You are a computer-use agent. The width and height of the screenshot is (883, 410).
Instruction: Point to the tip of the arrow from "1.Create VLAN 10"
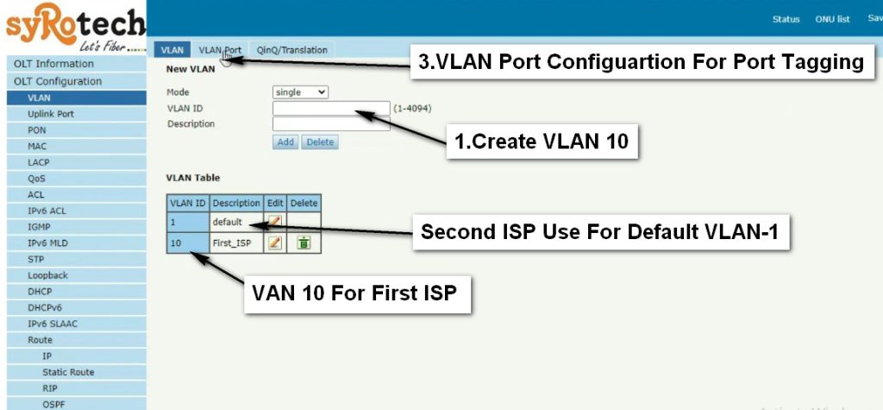pos(356,111)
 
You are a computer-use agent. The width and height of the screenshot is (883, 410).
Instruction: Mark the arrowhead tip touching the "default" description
pos(249,225)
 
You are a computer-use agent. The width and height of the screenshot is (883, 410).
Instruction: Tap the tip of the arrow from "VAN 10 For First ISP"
pos(192,253)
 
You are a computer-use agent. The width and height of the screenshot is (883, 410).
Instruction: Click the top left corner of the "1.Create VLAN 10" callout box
pos(447,124)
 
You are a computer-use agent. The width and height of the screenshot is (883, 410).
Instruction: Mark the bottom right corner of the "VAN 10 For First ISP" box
pos(470,313)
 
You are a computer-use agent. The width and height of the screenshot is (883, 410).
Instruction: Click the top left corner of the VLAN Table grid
pos(166,194)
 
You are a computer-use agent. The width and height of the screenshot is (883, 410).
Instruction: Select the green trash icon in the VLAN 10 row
pos(304,243)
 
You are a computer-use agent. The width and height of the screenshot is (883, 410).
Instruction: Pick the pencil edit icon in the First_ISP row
pos(274,243)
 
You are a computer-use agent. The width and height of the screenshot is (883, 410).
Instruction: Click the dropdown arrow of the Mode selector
pos(322,91)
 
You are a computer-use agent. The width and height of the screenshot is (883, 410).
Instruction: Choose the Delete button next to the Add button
pos(320,142)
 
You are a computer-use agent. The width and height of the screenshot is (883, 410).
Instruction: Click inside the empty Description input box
pos(331,124)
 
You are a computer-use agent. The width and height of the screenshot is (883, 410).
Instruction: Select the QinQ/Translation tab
pos(291,49)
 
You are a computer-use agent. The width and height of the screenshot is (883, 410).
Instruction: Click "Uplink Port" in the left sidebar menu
pos(51,114)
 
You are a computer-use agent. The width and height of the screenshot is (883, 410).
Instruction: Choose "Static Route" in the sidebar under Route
pos(68,372)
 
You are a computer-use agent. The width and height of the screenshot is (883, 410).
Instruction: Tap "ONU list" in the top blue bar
pos(832,19)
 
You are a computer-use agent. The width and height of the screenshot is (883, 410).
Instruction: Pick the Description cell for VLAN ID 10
pos(236,243)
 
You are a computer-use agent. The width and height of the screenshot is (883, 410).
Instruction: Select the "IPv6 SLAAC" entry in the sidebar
pos(53,324)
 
